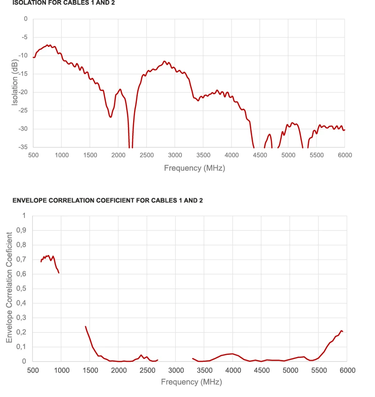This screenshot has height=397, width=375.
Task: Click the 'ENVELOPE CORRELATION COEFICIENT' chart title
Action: (108, 201)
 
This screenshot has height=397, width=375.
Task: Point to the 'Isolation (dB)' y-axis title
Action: (15, 82)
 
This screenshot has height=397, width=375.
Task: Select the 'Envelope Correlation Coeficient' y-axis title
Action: (9, 288)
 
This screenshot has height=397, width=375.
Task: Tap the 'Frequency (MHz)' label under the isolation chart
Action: (194, 168)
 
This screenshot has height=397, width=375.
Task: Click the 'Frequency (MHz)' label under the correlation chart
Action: (191, 382)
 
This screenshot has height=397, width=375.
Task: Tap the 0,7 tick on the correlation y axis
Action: (22, 259)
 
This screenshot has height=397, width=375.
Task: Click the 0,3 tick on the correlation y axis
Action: (22, 318)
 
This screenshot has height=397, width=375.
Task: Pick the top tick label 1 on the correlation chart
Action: (24, 216)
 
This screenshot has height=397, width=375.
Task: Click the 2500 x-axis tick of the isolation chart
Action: (147, 155)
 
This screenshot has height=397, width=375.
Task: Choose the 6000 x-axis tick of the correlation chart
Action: (347, 370)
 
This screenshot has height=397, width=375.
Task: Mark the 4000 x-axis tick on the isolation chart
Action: (231, 155)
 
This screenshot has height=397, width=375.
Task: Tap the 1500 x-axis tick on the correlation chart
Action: (90, 370)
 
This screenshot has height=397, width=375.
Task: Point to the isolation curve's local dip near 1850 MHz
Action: (110, 117)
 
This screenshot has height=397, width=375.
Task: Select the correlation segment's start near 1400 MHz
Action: (85, 326)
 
